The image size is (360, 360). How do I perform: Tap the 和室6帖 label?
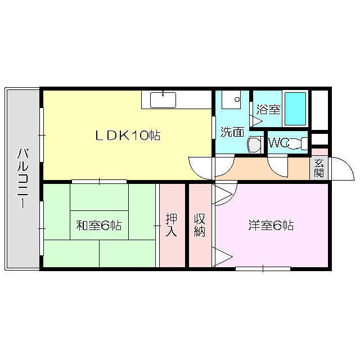(x=99, y=226)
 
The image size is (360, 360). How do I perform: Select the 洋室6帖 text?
(x=272, y=226)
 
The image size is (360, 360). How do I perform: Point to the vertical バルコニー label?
(x=23, y=178)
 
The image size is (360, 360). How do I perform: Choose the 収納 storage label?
(x=200, y=224)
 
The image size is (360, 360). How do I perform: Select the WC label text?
(x=279, y=143)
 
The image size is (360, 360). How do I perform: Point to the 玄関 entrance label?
(x=319, y=168)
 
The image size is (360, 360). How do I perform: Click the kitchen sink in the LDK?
(x=163, y=100)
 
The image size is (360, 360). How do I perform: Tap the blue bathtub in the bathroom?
(x=295, y=109)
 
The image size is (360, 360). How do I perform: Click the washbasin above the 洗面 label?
(x=231, y=100)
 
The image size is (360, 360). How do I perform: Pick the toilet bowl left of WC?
(x=255, y=145)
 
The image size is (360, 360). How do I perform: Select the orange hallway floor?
(x=253, y=169)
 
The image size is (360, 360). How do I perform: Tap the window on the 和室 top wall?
(x=99, y=181)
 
